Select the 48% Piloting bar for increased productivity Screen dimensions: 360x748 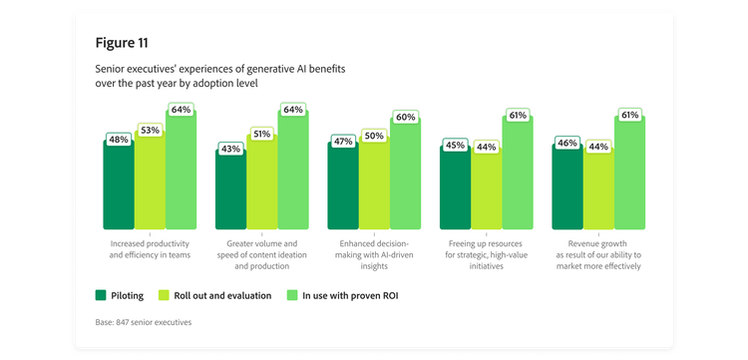click(118, 189)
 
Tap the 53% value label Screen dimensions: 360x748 click(150, 130)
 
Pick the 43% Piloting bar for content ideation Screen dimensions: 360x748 click(230, 194)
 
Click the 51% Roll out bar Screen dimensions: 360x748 click(261, 184)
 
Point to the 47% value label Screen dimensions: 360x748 click(343, 142)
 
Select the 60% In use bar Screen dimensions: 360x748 click(405, 175)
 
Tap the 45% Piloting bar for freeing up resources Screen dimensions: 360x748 click(455, 191)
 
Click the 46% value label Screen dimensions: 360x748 click(567, 144)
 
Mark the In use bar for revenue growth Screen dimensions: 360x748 click(629, 175)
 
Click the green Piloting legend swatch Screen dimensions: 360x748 click(101, 295)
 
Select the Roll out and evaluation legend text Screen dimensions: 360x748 click(221, 295)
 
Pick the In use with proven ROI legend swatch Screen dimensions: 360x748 click(292, 295)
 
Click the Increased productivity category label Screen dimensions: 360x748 click(150, 249)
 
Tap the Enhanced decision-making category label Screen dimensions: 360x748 click(373, 254)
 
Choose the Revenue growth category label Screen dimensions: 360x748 click(598, 254)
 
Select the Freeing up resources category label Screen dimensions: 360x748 click(486, 254)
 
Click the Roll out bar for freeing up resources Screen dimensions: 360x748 click(486, 193)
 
